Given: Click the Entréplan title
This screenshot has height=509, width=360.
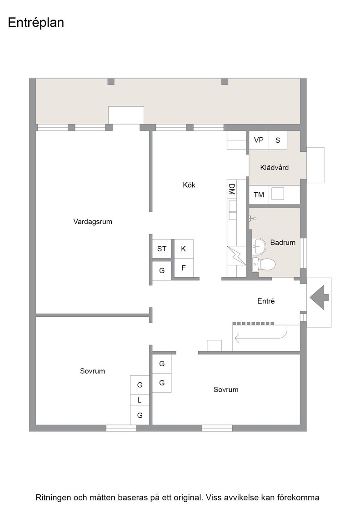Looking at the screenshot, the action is pos(36,23).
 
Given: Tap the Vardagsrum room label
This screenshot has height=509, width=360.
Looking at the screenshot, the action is pos(93,222).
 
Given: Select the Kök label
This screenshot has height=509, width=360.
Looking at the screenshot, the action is pos(189,185).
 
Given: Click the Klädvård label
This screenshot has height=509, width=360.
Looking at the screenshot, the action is pos(274,168).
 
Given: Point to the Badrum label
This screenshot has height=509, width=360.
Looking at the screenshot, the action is pos(283,243).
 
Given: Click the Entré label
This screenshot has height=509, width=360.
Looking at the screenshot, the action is pos(266,301).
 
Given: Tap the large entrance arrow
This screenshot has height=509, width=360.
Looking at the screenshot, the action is pos(319,297).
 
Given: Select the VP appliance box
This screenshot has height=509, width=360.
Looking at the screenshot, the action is pos(258,140).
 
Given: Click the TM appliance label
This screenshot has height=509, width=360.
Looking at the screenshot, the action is pos(259,195).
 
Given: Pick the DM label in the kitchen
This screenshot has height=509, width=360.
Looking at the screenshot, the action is pos(232,189).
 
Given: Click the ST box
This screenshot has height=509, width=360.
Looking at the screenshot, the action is pos(162,249).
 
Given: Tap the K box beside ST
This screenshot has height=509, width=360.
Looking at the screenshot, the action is pos(183,249).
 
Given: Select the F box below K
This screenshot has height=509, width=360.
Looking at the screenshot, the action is pos(183,268).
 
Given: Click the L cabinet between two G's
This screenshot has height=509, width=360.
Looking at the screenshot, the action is pos(140,400).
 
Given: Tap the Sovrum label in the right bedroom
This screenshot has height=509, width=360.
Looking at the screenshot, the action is pos(226,389).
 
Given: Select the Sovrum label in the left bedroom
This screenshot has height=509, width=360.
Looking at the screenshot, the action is pos(93,371).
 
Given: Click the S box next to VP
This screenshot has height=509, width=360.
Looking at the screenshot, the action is pos(278,140).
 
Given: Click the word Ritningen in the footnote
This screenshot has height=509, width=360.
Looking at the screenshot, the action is pos(53,497).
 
